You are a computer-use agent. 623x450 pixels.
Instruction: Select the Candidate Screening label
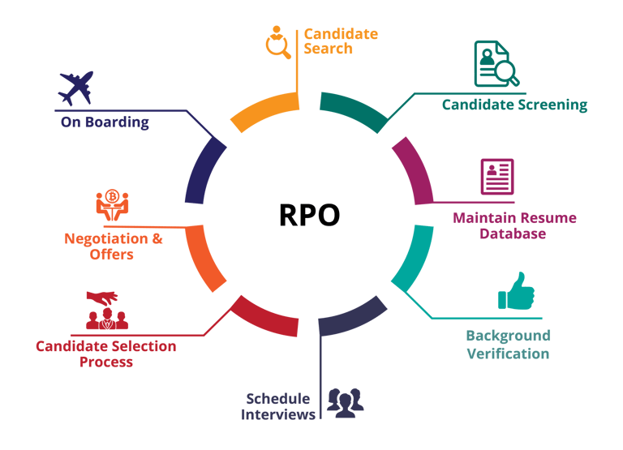(x=514, y=105)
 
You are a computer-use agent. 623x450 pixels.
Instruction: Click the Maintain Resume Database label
(x=514, y=225)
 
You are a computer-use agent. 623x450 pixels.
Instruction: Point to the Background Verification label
(x=508, y=345)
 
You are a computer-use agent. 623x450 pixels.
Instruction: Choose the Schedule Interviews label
(x=278, y=407)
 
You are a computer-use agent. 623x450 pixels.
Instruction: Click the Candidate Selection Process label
(x=106, y=354)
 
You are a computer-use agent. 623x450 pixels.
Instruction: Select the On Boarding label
(x=105, y=122)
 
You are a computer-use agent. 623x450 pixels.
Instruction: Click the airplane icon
(x=76, y=88)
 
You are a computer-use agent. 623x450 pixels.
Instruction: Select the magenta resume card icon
(x=496, y=177)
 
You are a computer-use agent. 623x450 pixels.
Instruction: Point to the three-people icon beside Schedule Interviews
(x=345, y=402)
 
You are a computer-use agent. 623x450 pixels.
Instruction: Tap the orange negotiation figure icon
(x=112, y=206)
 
